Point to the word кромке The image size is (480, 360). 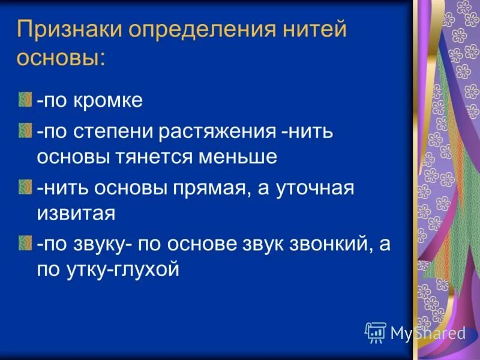click(x=108, y=100)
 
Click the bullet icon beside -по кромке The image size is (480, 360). click(x=24, y=98)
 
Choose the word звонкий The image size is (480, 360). click(x=318, y=245)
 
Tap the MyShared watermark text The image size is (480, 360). click(x=428, y=332)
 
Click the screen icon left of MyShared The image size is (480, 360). click(x=375, y=331)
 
